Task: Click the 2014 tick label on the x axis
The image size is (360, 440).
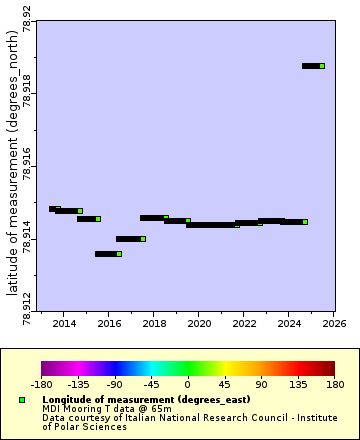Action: (x=64, y=323)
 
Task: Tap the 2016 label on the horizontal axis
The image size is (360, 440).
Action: (x=109, y=323)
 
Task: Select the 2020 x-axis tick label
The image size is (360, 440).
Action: (x=199, y=323)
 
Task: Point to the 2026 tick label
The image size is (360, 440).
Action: (x=334, y=323)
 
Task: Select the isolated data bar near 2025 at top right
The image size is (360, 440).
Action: (x=313, y=66)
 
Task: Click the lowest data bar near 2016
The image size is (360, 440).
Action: (x=108, y=254)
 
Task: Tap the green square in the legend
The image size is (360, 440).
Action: (x=22, y=400)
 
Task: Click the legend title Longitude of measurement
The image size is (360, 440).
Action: (x=146, y=400)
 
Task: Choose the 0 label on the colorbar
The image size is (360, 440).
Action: (x=187, y=383)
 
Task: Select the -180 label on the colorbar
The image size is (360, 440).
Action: (x=41, y=383)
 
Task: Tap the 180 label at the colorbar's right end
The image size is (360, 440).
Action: (x=334, y=383)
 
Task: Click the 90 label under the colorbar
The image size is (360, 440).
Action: (x=261, y=383)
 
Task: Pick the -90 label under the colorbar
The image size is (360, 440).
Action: (x=114, y=383)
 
